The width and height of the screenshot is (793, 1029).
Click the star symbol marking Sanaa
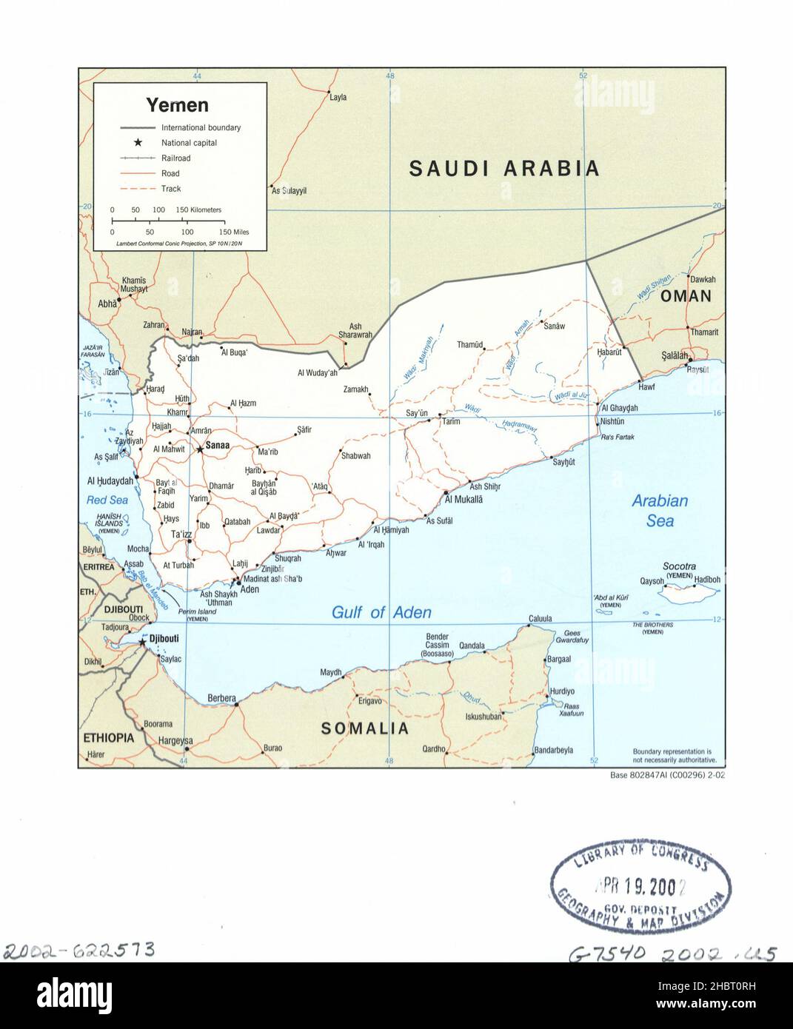click(x=199, y=449)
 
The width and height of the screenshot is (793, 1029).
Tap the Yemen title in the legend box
click(x=177, y=104)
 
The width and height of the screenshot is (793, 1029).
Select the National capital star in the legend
click(x=138, y=142)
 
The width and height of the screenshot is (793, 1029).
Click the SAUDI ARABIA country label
click(x=504, y=168)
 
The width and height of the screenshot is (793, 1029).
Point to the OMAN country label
click(x=686, y=296)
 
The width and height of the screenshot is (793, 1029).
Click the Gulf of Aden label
click(x=381, y=612)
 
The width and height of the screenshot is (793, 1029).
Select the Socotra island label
click(x=679, y=566)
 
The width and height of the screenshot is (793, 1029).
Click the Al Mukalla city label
click(x=464, y=500)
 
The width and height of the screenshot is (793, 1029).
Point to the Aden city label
click(x=250, y=589)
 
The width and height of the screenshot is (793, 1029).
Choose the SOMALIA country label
click(x=364, y=728)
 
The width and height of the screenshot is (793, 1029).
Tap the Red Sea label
click(x=107, y=500)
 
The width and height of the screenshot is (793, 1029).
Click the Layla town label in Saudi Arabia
click(x=338, y=97)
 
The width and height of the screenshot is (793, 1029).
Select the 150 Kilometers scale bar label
click(x=198, y=210)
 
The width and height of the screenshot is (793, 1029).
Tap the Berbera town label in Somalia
click(x=221, y=697)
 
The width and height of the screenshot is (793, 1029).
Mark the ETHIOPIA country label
click(x=108, y=738)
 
